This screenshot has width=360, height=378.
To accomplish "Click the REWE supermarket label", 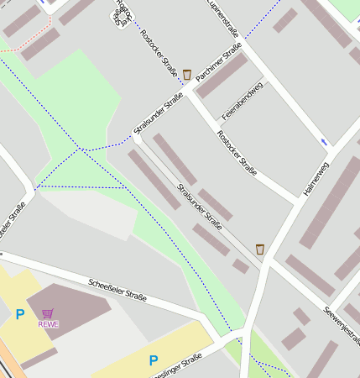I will [49, 324].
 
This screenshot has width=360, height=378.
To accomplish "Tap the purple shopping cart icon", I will [49, 313].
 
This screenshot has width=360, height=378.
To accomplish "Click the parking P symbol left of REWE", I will [19, 315].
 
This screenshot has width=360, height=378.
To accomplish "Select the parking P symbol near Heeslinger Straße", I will [153, 360].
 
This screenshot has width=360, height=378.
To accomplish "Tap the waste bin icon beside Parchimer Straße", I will [186, 75].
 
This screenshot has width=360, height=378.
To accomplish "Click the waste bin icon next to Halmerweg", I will [259, 249].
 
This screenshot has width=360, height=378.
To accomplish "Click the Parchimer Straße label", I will [217, 63].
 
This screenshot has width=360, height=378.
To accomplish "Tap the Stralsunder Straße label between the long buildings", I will [199, 206].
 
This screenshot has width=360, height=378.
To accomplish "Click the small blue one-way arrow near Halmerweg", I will [324, 142].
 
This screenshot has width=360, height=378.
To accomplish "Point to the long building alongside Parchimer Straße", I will [222, 76].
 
